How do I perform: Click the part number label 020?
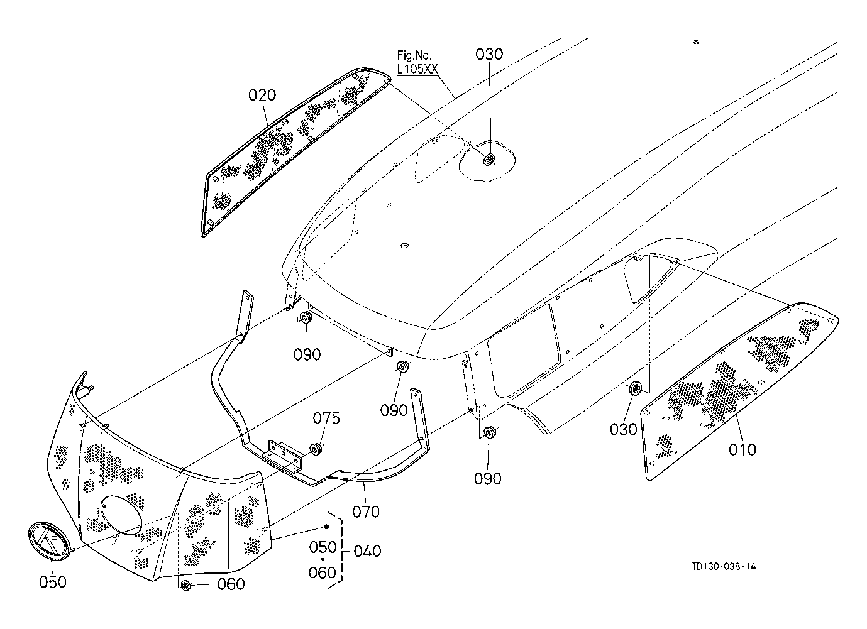coord(262,95)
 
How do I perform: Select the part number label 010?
coord(742,449)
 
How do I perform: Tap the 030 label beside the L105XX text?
coord(489,55)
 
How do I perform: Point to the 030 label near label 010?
coord(623,429)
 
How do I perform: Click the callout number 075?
coord(326,418)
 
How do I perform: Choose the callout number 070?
coord(366,511)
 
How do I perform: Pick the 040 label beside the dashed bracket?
coord(367,551)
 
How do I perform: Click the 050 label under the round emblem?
coord(53,582)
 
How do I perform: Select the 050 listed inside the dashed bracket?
coord(323,547)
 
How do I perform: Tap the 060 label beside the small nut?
coord(231,584)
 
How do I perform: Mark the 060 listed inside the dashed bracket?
coord(323,572)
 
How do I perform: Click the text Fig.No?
coord(414,56)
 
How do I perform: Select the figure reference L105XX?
coord(417,69)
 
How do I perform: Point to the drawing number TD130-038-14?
coord(724,567)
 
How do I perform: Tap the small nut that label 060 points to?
coord(186,585)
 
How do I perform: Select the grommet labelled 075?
coord(317,449)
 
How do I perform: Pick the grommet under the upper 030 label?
coord(489,159)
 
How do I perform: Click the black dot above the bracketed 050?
coord(326,527)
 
